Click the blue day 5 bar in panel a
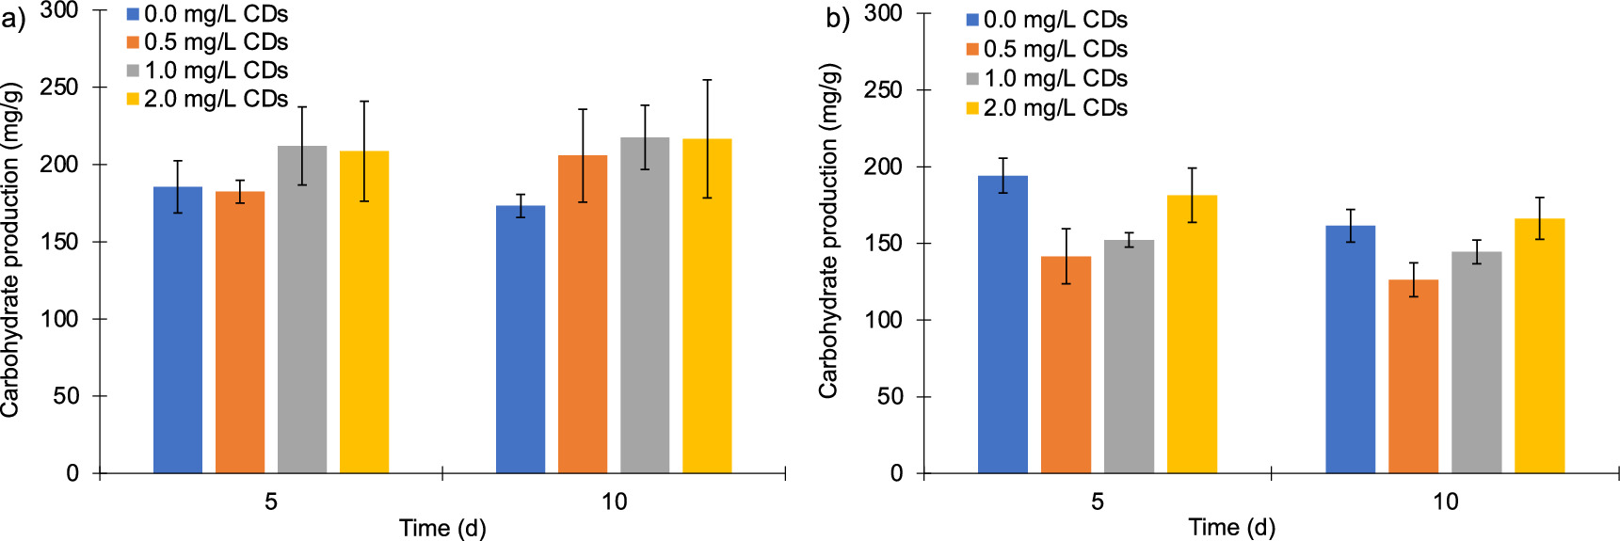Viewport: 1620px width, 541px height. [x=178, y=329]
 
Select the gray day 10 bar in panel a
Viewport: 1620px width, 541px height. [x=645, y=305]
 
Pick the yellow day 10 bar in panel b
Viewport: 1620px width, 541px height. [x=1539, y=345]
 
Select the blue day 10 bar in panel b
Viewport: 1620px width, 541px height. [x=1351, y=349]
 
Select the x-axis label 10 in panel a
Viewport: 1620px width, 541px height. [x=614, y=501]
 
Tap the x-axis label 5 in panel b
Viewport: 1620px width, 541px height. [x=1098, y=501]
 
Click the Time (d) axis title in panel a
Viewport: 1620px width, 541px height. [x=442, y=528]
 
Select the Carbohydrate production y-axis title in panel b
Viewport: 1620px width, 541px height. [x=828, y=231]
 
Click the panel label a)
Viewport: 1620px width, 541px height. [x=13, y=19]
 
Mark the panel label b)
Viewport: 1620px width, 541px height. [x=838, y=19]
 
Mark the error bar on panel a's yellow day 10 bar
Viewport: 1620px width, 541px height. [x=707, y=139]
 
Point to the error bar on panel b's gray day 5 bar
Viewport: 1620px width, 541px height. [x=1129, y=240]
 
